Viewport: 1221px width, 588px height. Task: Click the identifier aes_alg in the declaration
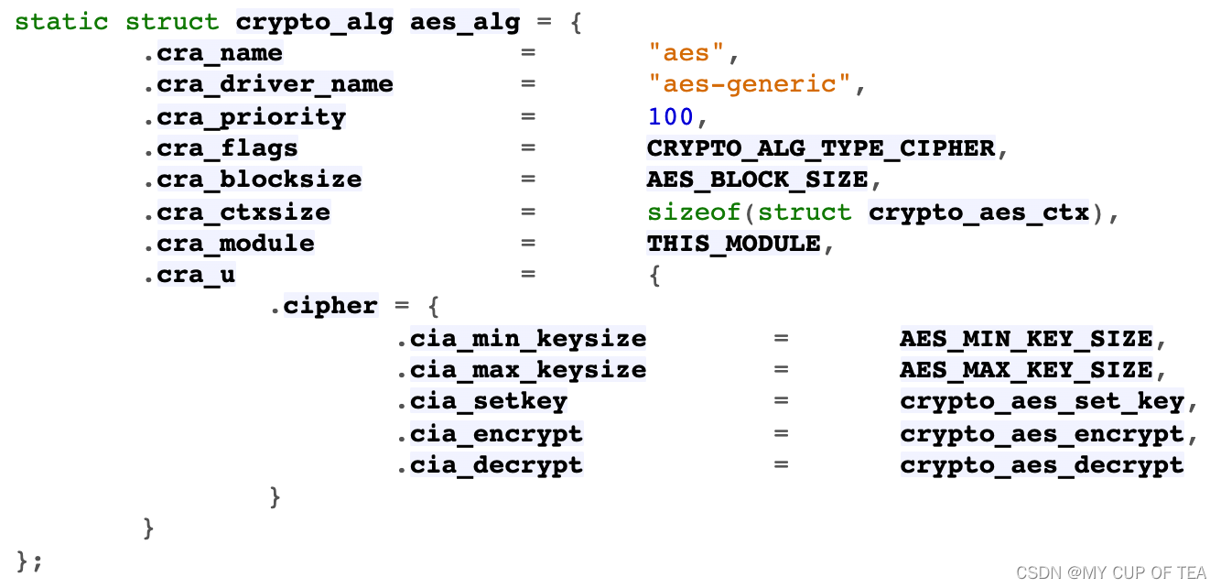click(x=465, y=21)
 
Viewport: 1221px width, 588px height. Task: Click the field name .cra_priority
click(x=244, y=116)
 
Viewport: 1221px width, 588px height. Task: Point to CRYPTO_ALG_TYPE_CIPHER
click(x=820, y=147)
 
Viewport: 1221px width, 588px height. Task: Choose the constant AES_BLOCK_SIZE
click(x=757, y=180)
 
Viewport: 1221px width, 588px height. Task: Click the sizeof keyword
click(x=694, y=212)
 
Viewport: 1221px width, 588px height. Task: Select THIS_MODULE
click(x=733, y=243)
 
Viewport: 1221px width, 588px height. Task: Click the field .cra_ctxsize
click(x=236, y=212)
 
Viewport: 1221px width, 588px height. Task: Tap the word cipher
click(x=330, y=305)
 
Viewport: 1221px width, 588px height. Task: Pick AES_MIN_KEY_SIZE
click(x=1026, y=338)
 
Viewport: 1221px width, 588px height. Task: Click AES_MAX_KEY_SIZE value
click(x=1026, y=370)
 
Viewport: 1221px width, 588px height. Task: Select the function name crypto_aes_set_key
click(x=1042, y=401)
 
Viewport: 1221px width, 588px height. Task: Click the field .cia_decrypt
click(x=490, y=464)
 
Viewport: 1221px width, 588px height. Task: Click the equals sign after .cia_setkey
click(x=781, y=401)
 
